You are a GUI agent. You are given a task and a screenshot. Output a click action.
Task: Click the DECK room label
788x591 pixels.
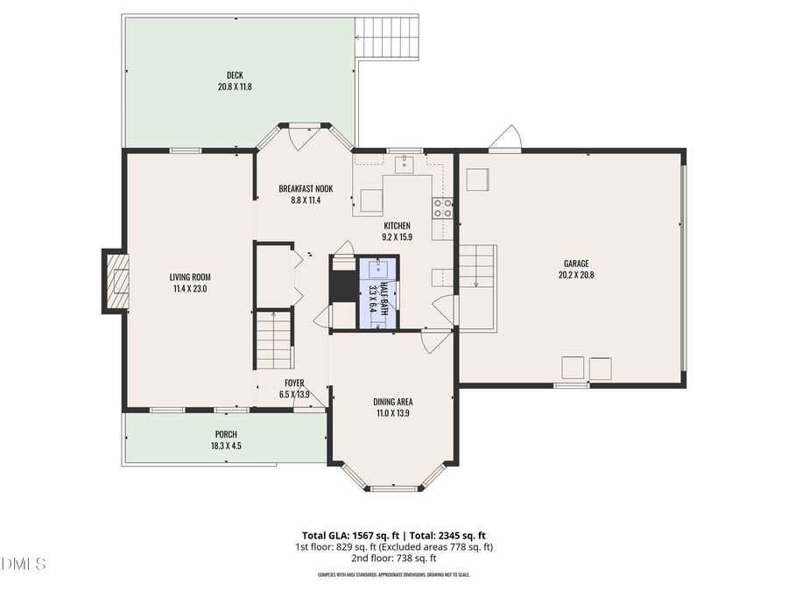pos(235,75)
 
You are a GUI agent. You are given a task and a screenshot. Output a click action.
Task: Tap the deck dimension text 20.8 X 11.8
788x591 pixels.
pos(235,87)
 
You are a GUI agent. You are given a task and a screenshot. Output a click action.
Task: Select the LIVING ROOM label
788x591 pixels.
pos(190,278)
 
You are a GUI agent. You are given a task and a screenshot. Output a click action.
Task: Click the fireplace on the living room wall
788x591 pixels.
pos(114,280)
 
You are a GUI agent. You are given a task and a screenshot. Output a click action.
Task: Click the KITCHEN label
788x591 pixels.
pos(396,226)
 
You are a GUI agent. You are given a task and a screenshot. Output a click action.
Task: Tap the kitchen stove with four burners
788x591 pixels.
pos(443,208)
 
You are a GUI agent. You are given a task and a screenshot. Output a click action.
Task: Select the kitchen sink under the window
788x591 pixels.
pos(405,163)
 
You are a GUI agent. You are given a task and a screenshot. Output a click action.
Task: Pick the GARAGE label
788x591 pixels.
pos(575,264)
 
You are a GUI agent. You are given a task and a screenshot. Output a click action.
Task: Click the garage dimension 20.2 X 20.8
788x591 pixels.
pos(575,275)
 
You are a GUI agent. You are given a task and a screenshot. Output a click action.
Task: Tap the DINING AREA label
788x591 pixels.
pos(393,402)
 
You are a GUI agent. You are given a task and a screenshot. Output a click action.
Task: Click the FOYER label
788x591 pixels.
pos(294,383)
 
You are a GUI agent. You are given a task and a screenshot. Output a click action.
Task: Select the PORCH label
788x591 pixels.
pos(226,434)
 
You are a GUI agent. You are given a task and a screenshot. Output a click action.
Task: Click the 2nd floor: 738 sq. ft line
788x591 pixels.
pos(393,558)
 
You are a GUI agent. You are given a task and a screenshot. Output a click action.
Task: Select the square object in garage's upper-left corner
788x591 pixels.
pos(478,179)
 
